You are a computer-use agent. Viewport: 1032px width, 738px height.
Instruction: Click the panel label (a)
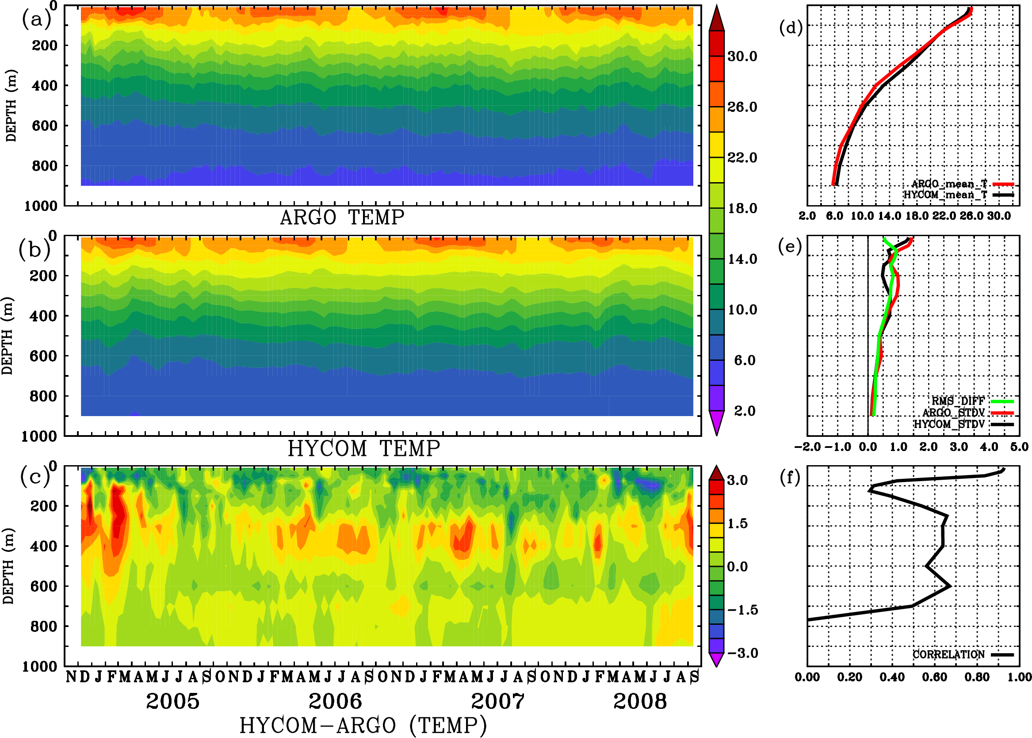coord(36,19)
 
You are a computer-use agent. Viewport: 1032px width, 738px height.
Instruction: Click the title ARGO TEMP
coord(342,218)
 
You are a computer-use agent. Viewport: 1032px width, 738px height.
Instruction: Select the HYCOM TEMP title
coord(364,448)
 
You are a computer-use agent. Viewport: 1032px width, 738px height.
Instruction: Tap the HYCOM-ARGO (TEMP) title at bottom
coord(363,724)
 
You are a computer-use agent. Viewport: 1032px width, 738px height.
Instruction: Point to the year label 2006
coord(335,701)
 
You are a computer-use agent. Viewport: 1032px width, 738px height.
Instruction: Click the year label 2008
coord(640,701)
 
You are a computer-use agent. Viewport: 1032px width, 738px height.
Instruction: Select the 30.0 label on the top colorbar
coord(742,56)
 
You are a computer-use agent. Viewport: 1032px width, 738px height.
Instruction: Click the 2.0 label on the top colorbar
coord(744,411)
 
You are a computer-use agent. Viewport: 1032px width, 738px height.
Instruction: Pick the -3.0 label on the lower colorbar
coord(742,653)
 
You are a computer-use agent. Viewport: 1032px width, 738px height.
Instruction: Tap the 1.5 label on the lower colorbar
coord(737,524)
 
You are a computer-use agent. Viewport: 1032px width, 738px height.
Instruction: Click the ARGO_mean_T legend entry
coord(949,184)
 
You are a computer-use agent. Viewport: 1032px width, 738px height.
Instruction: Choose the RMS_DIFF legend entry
coord(958,401)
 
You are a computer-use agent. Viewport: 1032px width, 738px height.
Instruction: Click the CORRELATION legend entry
coord(948,654)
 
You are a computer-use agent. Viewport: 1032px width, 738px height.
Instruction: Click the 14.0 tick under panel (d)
coord(889,216)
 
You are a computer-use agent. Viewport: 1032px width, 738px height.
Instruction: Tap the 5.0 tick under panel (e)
coord(1019,447)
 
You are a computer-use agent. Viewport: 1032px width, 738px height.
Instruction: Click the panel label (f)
coord(790,478)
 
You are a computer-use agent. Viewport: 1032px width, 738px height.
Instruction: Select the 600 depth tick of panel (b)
coord(43,356)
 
